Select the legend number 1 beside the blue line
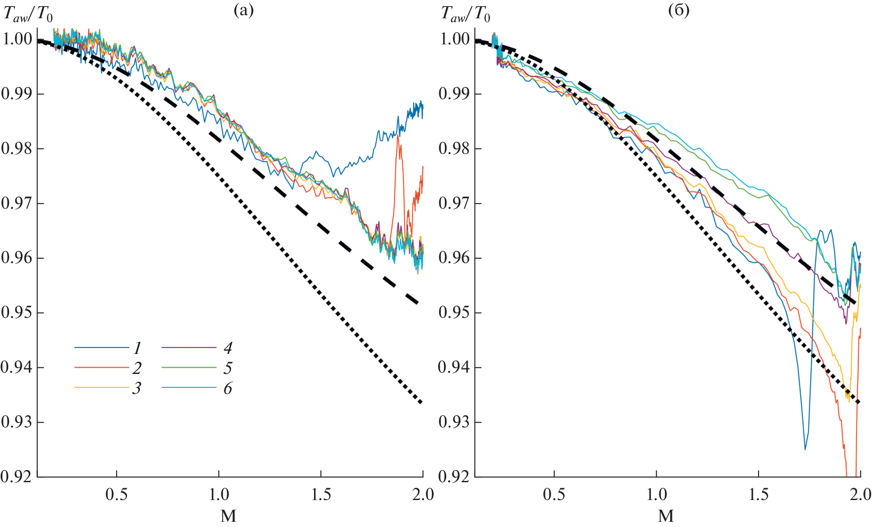tap(137, 348)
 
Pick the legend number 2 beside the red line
tap(137, 368)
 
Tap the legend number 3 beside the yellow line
tap(137, 388)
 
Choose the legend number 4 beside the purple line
tap(228, 348)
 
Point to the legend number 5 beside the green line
tap(228, 368)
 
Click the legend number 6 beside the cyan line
tap(228, 388)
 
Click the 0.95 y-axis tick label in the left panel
tap(17, 313)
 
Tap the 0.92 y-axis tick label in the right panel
tap(454, 477)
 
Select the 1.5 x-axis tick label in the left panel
tap(321, 495)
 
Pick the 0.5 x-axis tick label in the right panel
tap(554, 495)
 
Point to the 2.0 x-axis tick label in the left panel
tap(423, 495)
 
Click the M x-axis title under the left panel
tap(228, 516)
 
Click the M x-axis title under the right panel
tap(666, 516)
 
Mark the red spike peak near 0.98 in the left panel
tap(398, 136)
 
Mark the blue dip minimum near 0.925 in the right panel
tap(805, 449)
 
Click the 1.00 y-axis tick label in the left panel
tap(17, 39)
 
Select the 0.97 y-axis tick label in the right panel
tap(454, 203)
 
